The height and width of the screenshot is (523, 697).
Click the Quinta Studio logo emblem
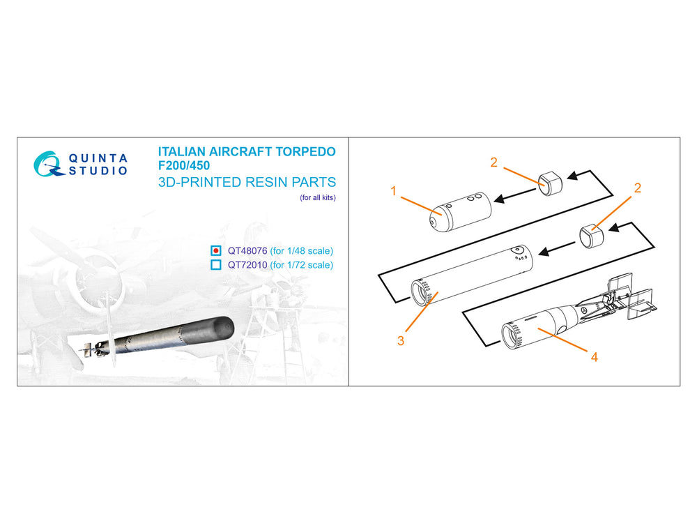click(x=46, y=164)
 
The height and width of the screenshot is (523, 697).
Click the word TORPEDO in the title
click(x=305, y=151)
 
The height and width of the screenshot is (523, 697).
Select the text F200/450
click(x=183, y=165)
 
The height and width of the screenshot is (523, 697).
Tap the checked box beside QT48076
click(x=215, y=250)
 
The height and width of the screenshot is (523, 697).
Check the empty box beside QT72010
click(x=215, y=264)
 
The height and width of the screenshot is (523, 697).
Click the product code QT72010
click(x=247, y=265)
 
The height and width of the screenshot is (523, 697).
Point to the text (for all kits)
click(x=317, y=197)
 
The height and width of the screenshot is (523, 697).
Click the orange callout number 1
click(x=393, y=191)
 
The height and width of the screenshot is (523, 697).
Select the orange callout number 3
click(x=401, y=341)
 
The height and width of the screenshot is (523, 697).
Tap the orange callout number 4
click(x=595, y=356)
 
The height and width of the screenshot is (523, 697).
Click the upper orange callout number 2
click(x=493, y=162)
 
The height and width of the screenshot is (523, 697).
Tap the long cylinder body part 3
click(x=472, y=275)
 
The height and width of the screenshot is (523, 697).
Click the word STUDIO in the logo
click(x=98, y=171)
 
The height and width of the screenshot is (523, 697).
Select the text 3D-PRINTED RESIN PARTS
click(x=247, y=182)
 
